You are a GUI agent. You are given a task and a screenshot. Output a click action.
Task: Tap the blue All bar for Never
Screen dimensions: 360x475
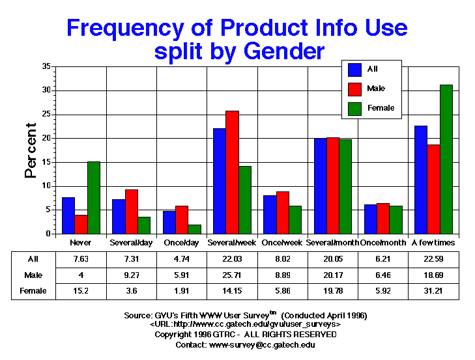(x=68, y=215)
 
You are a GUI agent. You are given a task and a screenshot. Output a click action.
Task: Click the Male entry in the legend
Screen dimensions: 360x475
(x=372, y=88)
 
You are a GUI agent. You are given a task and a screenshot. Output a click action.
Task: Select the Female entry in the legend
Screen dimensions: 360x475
(x=375, y=107)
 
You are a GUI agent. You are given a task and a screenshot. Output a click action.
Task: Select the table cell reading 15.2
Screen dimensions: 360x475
(x=81, y=291)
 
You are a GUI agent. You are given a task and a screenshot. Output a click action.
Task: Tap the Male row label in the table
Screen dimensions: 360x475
(x=33, y=275)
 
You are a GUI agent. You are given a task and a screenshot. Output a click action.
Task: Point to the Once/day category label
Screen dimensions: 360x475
(x=182, y=242)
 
